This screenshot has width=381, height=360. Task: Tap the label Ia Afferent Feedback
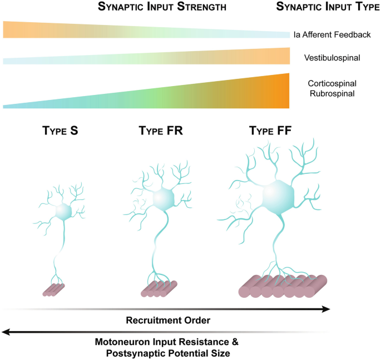point(332,34)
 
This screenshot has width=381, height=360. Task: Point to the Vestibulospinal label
point(332,58)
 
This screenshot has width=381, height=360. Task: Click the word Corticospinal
point(332,83)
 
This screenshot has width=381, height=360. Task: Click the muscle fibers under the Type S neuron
point(55,289)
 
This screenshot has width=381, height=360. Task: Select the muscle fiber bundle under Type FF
point(283,286)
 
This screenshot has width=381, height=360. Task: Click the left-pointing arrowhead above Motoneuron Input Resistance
point(6,332)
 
